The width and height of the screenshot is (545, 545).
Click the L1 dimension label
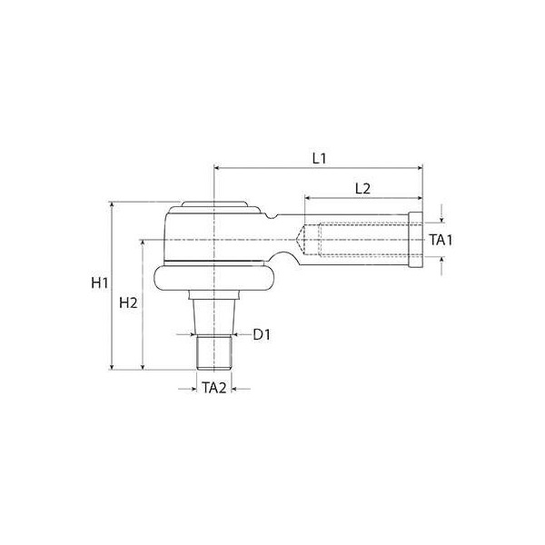(x=319, y=158)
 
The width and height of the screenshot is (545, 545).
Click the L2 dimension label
(x=362, y=188)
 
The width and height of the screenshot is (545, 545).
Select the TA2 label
(x=214, y=388)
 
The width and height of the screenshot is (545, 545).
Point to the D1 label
(x=262, y=335)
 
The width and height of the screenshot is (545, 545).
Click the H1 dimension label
(x=100, y=283)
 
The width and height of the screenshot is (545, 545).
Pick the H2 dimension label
(x=128, y=302)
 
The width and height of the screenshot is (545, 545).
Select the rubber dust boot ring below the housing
(x=213, y=277)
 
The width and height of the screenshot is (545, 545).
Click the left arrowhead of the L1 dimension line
(x=216, y=168)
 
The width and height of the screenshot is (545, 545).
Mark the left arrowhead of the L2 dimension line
(x=308, y=197)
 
